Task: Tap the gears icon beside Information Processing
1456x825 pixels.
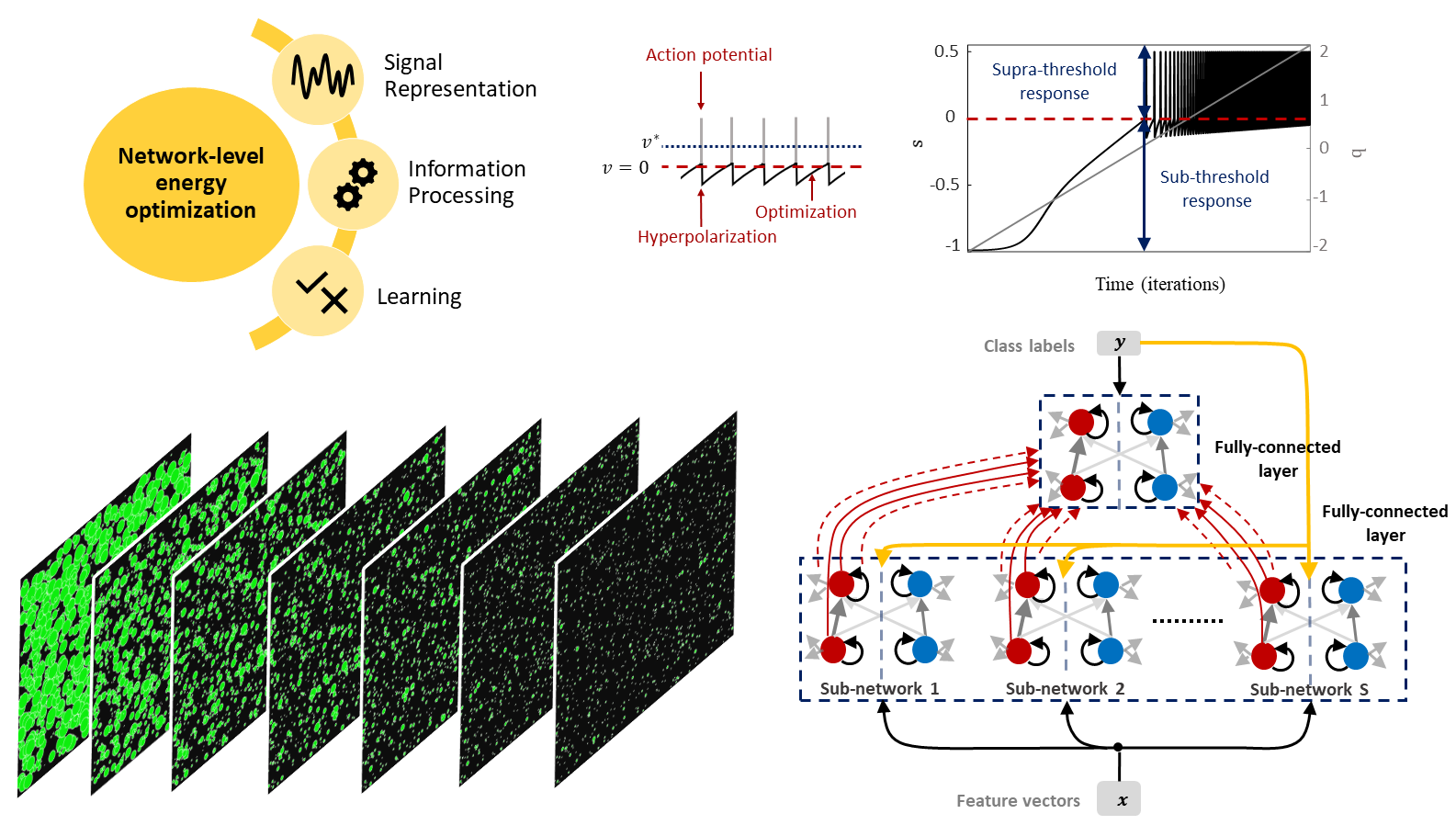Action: [x=355, y=184]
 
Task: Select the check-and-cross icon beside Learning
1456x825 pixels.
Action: [x=322, y=291]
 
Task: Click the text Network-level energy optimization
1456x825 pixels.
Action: [x=191, y=183]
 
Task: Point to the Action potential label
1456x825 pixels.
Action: [x=708, y=55]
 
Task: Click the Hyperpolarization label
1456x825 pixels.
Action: [x=706, y=237]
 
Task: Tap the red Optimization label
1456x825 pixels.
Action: [x=806, y=212]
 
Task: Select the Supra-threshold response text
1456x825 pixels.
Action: [x=1054, y=81]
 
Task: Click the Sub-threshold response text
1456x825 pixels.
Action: [x=1214, y=188]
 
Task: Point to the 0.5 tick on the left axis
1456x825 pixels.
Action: [x=946, y=51]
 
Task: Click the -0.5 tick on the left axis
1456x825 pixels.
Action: [x=943, y=185]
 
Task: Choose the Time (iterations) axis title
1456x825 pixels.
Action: [x=1159, y=284]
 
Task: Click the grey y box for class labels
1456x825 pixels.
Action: [x=1118, y=344]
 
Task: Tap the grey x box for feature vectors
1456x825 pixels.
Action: [x=1119, y=799]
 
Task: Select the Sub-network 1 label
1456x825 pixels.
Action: [x=879, y=688]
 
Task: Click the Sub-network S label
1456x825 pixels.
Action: [x=1309, y=689]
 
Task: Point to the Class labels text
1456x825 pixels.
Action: [x=1029, y=346]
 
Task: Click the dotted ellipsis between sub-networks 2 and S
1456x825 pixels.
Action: [x=1187, y=620]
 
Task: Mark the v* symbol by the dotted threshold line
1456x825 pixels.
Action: [x=649, y=142]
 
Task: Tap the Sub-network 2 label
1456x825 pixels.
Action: [x=1065, y=688]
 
